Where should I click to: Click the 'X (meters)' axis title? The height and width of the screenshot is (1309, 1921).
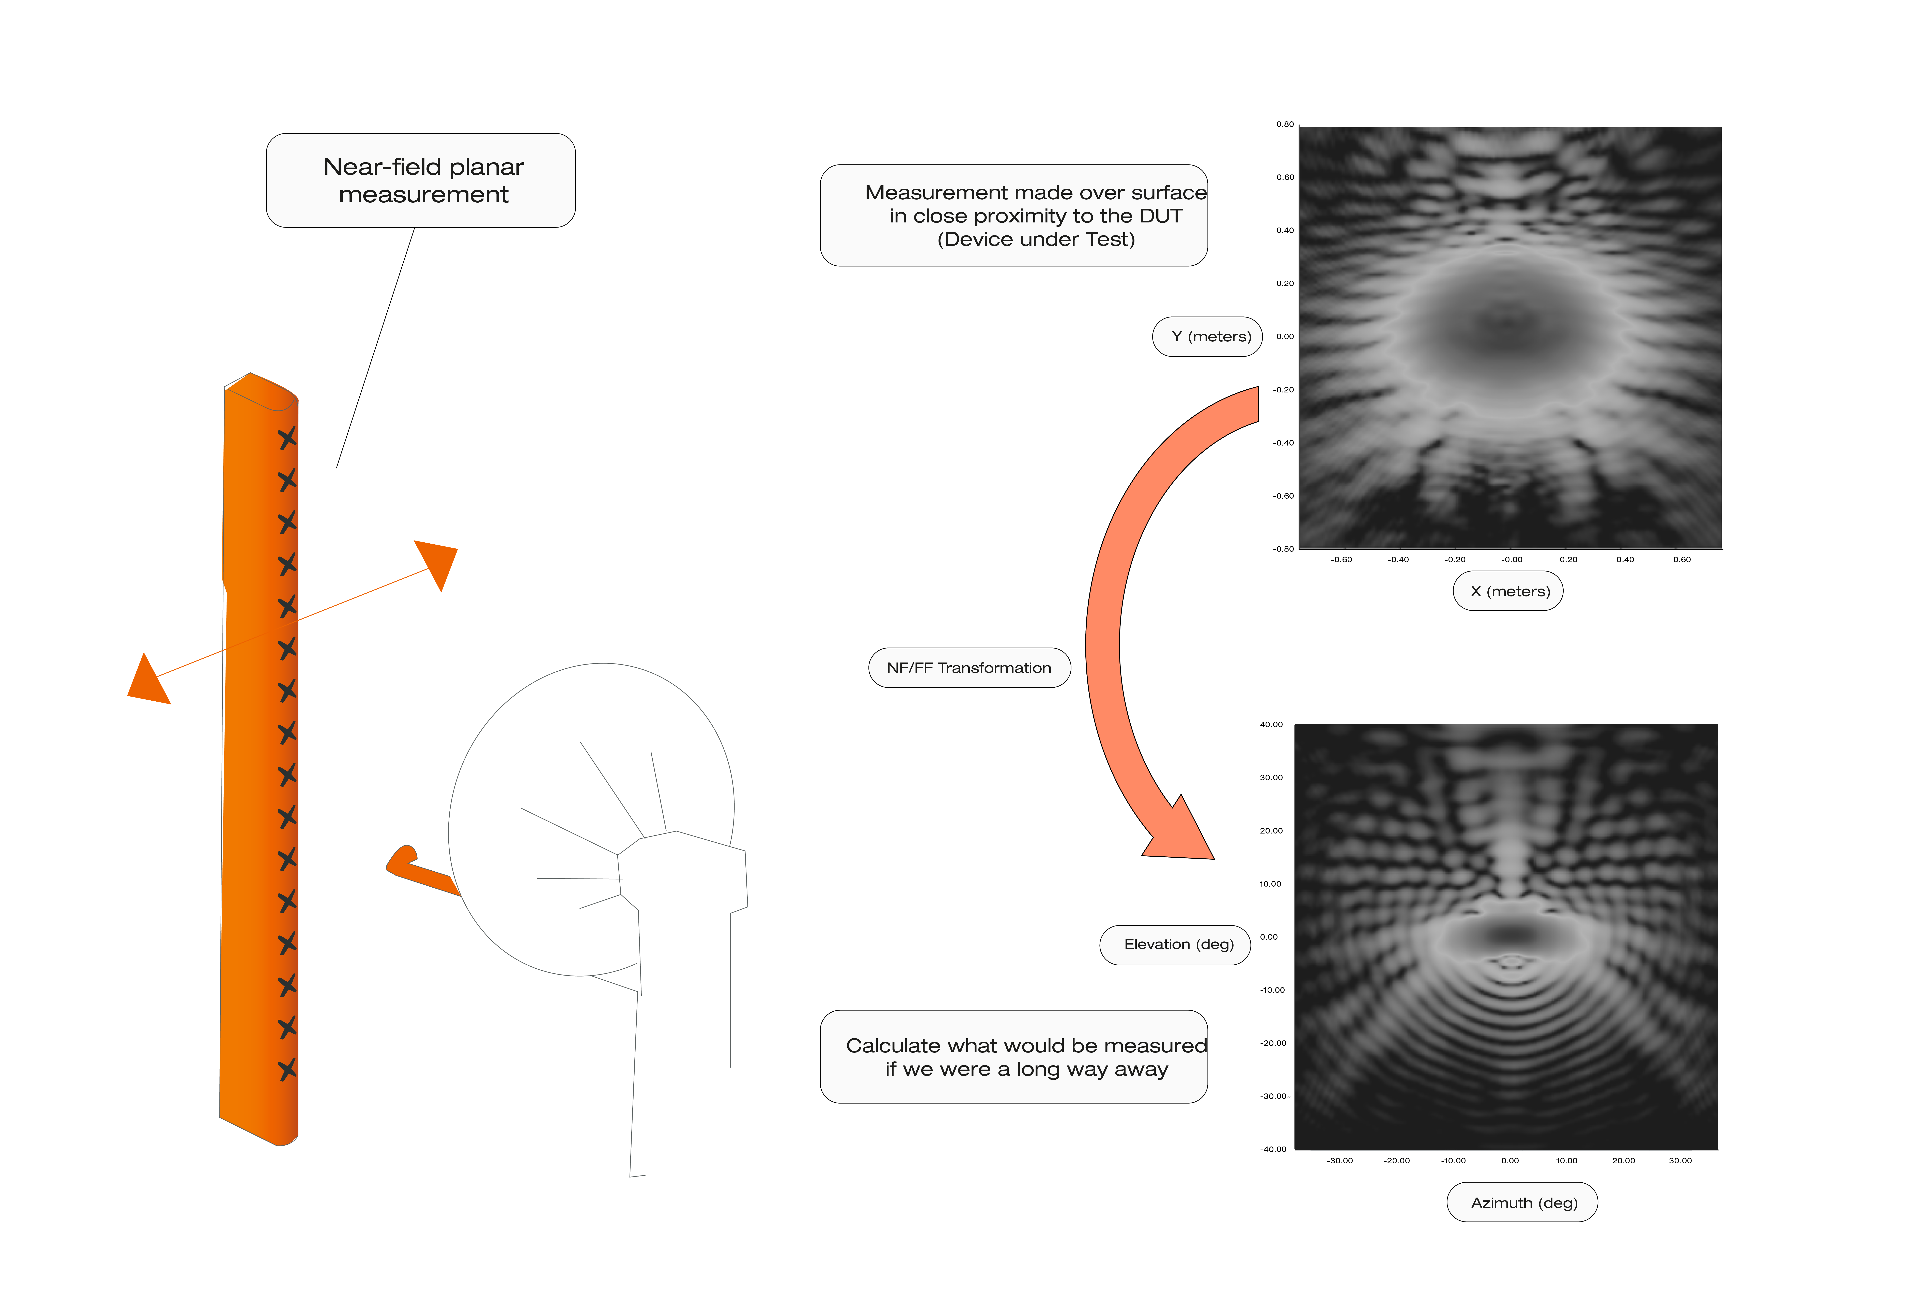[x=1508, y=591]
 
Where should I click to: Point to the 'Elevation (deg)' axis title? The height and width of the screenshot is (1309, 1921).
[x=1175, y=945]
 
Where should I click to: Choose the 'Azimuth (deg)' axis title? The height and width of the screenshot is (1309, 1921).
[x=1522, y=1202]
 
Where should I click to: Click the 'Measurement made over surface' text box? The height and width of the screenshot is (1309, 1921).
[x=1013, y=216]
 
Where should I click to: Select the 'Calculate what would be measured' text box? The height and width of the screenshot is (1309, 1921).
[x=1013, y=1057]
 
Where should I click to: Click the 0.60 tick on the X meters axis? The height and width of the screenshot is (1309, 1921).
[x=1681, y=559]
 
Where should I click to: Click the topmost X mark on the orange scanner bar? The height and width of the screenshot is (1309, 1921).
[x=287, y=438]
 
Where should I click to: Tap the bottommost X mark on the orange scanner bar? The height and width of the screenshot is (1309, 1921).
[x=287, y=1069]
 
